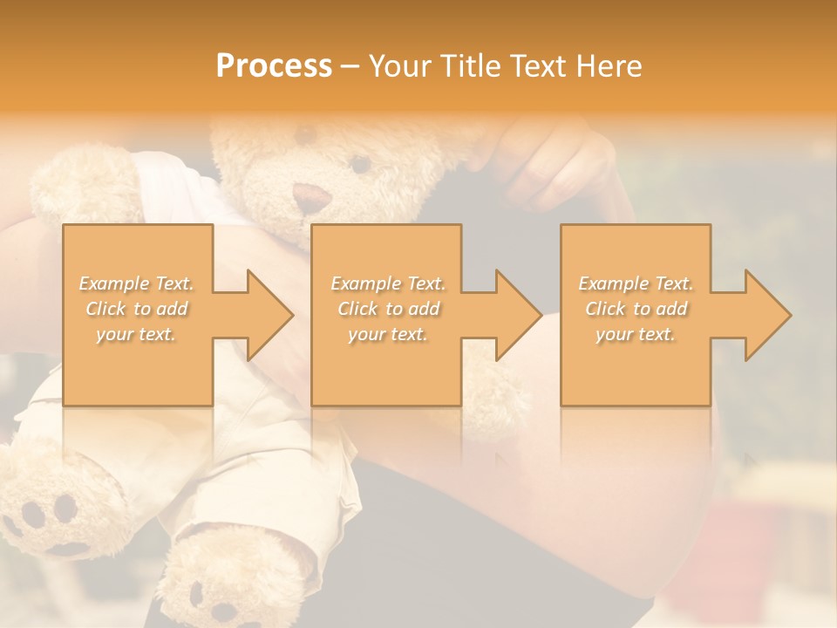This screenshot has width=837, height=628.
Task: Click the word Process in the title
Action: click(274, 66)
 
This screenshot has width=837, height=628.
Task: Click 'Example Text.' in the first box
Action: click(137, 283)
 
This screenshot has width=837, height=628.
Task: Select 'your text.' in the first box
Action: click(137, 334)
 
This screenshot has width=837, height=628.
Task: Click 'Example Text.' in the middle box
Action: click(388, 283)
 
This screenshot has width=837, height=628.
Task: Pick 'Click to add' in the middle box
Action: click(388, 309)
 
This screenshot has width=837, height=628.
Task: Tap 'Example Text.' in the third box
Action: click(636, 283)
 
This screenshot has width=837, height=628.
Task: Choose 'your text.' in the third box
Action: click(636, 334)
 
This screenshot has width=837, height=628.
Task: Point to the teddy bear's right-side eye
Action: click(359, 163)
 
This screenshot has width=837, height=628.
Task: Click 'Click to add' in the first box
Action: click(137, 309)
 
